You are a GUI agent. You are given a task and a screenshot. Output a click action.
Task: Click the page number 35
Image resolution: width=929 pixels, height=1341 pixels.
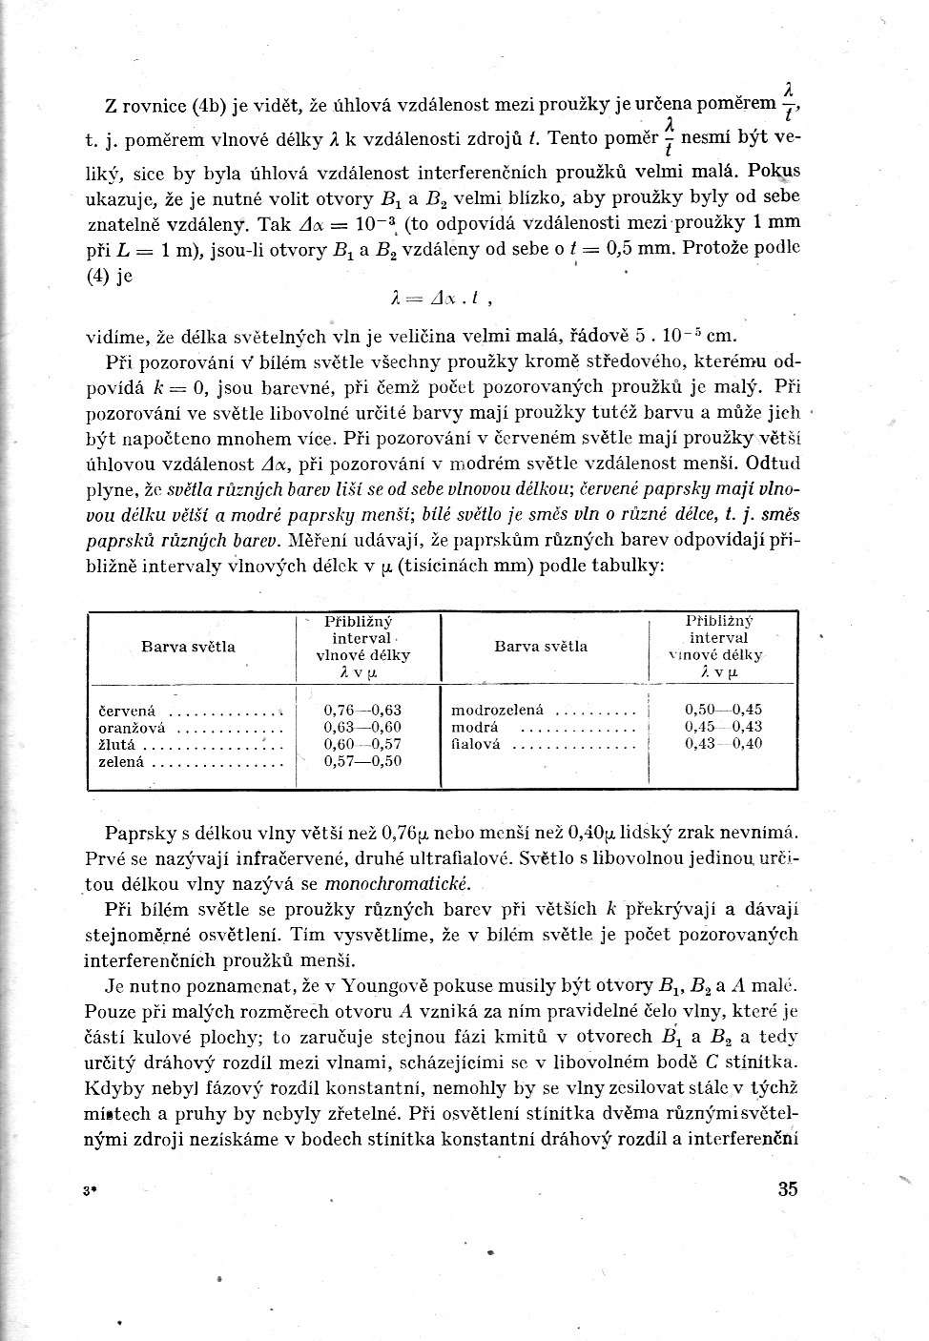click(787, 1188)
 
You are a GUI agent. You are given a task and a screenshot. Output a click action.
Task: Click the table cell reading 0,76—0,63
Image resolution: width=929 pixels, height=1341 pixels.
click(362, 710)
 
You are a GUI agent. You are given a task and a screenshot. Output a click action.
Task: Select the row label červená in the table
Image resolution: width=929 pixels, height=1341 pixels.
click(127, 712)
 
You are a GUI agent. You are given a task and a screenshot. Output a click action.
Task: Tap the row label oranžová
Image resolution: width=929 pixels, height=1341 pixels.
click(133, 728)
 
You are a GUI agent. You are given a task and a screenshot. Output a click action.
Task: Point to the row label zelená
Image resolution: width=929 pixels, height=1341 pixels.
click(121, 762)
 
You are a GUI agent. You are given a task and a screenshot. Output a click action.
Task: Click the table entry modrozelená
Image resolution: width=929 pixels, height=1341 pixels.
click(496, 710)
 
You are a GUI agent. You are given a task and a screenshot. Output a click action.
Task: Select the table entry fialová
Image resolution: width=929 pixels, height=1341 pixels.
click(475, 744)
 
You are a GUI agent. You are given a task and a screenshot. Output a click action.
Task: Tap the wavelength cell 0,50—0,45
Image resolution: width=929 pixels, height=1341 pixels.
click(723, 710)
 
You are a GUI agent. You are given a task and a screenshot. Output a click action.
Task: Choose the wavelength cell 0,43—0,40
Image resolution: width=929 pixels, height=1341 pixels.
click(723, 744)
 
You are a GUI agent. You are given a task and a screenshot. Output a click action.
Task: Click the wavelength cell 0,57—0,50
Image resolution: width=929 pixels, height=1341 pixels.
click(362, 761)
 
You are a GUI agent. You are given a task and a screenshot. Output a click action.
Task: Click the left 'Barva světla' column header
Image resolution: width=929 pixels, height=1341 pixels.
click(188, 647)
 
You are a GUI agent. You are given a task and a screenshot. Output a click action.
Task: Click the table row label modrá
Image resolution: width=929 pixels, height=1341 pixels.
click(474, 727)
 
